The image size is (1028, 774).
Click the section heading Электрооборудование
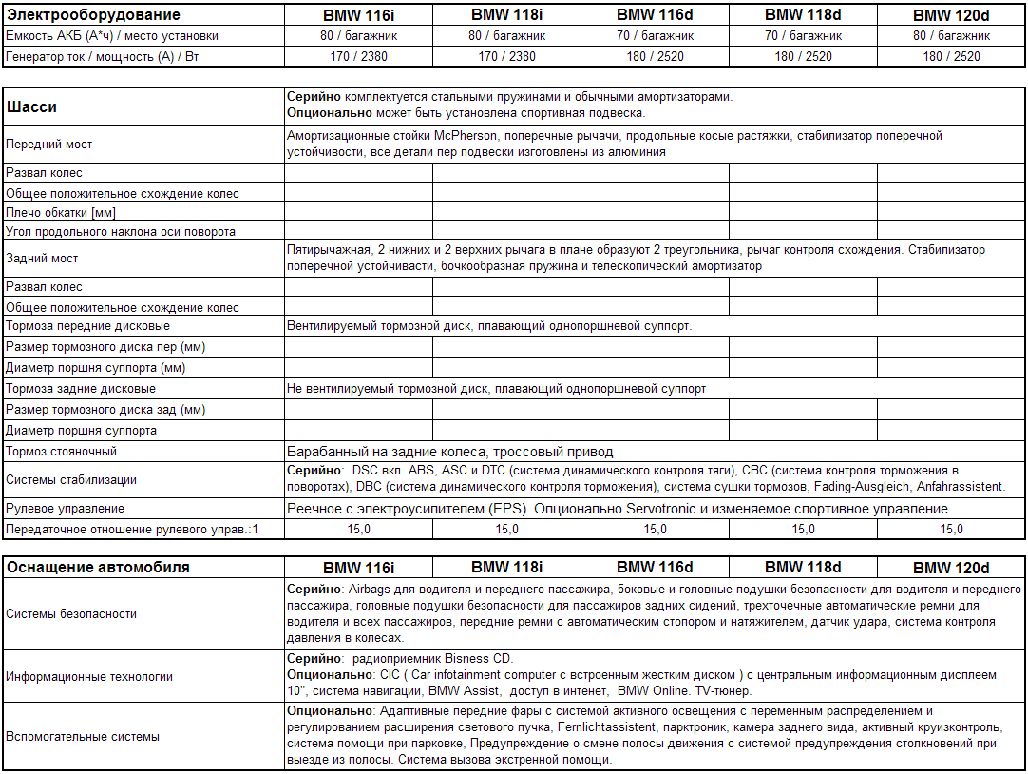coord(93,15)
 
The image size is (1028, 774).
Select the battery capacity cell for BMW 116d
coord(655,35)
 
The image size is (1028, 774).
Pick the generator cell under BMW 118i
coord(506,56)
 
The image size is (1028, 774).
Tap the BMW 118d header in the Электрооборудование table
coord(803,15)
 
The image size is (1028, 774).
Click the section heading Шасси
coord(31,107)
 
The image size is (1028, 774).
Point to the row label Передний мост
coord(49,145)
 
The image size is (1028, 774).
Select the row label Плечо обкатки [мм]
coord(61,212)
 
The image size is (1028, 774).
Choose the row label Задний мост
coord(42,259)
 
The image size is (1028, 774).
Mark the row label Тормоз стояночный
coord(62,452)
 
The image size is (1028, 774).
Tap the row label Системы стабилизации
coord(71,480)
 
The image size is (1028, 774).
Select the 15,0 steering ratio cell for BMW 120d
coord(951,530)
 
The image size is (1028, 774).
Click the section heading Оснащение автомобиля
coord(98,568)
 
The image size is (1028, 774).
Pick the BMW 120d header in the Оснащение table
coord(951,568)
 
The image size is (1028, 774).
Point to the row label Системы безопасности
coord(72,614)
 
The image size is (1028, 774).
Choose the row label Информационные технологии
coord(89,677)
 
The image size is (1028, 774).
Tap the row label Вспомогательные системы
coord(83,736)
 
